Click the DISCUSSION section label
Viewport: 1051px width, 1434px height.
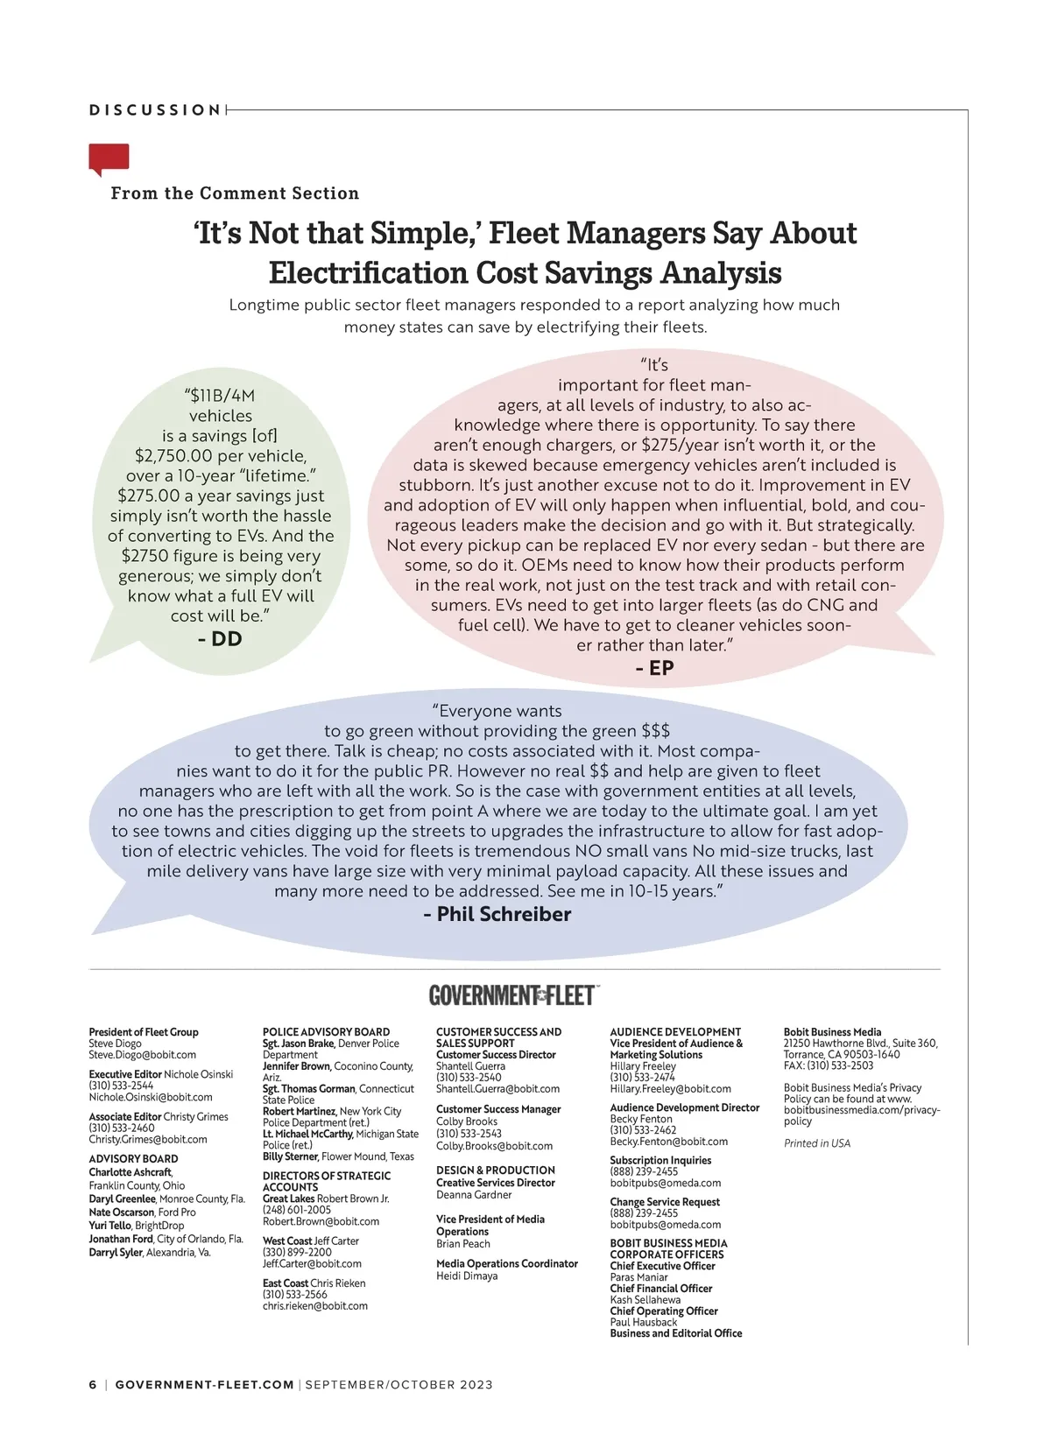tap(155, 110)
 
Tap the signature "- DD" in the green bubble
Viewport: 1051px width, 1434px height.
tap(220, 639)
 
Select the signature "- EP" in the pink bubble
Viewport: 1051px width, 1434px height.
tap(654, 668)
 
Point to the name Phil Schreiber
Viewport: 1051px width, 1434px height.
tap(504, 914)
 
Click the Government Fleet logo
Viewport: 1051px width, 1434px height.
tap(512, 995)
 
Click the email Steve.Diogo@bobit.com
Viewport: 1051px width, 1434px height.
tap(142, 1055)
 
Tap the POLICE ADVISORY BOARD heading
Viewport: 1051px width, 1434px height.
tap(326, 1032)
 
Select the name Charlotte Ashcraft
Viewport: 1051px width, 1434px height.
tap(130, 1172)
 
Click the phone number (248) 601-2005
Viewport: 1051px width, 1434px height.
tap(297, 1210)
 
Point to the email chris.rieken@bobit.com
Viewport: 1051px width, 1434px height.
tap(314, 1306)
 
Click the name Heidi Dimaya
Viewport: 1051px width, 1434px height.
tap(467, 1276)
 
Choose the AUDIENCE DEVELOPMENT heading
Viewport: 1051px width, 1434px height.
tap(675, 1032)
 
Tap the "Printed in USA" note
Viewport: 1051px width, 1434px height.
tap(816, 1143)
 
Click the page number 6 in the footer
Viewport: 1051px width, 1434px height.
tap(93, 1385)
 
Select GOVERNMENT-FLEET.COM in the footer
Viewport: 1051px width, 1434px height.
tap(204, 1385)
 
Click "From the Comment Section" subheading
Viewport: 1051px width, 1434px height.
tap(235, 193)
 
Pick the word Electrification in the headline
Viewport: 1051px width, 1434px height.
tap(368, 273)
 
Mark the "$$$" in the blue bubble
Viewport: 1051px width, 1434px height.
tap(655, 731)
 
